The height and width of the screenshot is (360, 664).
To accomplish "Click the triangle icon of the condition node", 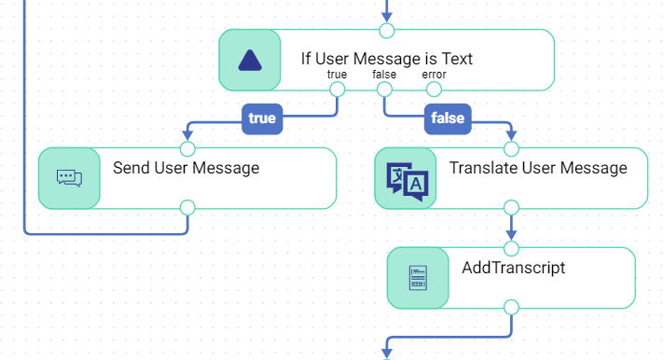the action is coord(250,61).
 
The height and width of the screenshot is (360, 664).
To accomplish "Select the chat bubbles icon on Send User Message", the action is coord(69,178).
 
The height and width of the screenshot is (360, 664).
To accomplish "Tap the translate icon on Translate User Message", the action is coord(407,182).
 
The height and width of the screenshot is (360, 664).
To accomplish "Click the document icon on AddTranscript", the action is coord(418,278).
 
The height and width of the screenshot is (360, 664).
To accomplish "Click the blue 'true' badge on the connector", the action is coord(262,118).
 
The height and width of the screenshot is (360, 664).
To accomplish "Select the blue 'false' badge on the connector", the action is coord(448,118).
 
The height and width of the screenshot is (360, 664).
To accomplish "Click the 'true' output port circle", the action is coord(337,90).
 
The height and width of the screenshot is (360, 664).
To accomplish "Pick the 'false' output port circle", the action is coord(384,90).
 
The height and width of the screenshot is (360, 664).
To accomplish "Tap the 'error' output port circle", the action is coord(434,90).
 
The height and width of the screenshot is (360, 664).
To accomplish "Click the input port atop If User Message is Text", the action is coord(387,31).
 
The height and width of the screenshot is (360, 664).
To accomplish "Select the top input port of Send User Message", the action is coord(187,149).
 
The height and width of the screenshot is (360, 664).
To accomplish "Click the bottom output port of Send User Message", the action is coord(187,208).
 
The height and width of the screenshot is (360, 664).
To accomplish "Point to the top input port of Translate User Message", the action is coord(511,149).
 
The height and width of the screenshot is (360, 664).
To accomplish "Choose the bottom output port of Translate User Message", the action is coord(511,208).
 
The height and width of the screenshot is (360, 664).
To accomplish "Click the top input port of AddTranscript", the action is coord(511,249).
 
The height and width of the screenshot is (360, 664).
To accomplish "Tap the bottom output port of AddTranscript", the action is coord(511,308).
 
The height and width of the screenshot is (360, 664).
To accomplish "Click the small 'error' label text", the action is coord(434,75).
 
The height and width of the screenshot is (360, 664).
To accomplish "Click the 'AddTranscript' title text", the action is coord(513,268).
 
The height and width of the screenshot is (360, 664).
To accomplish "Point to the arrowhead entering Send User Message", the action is coord(187,135).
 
